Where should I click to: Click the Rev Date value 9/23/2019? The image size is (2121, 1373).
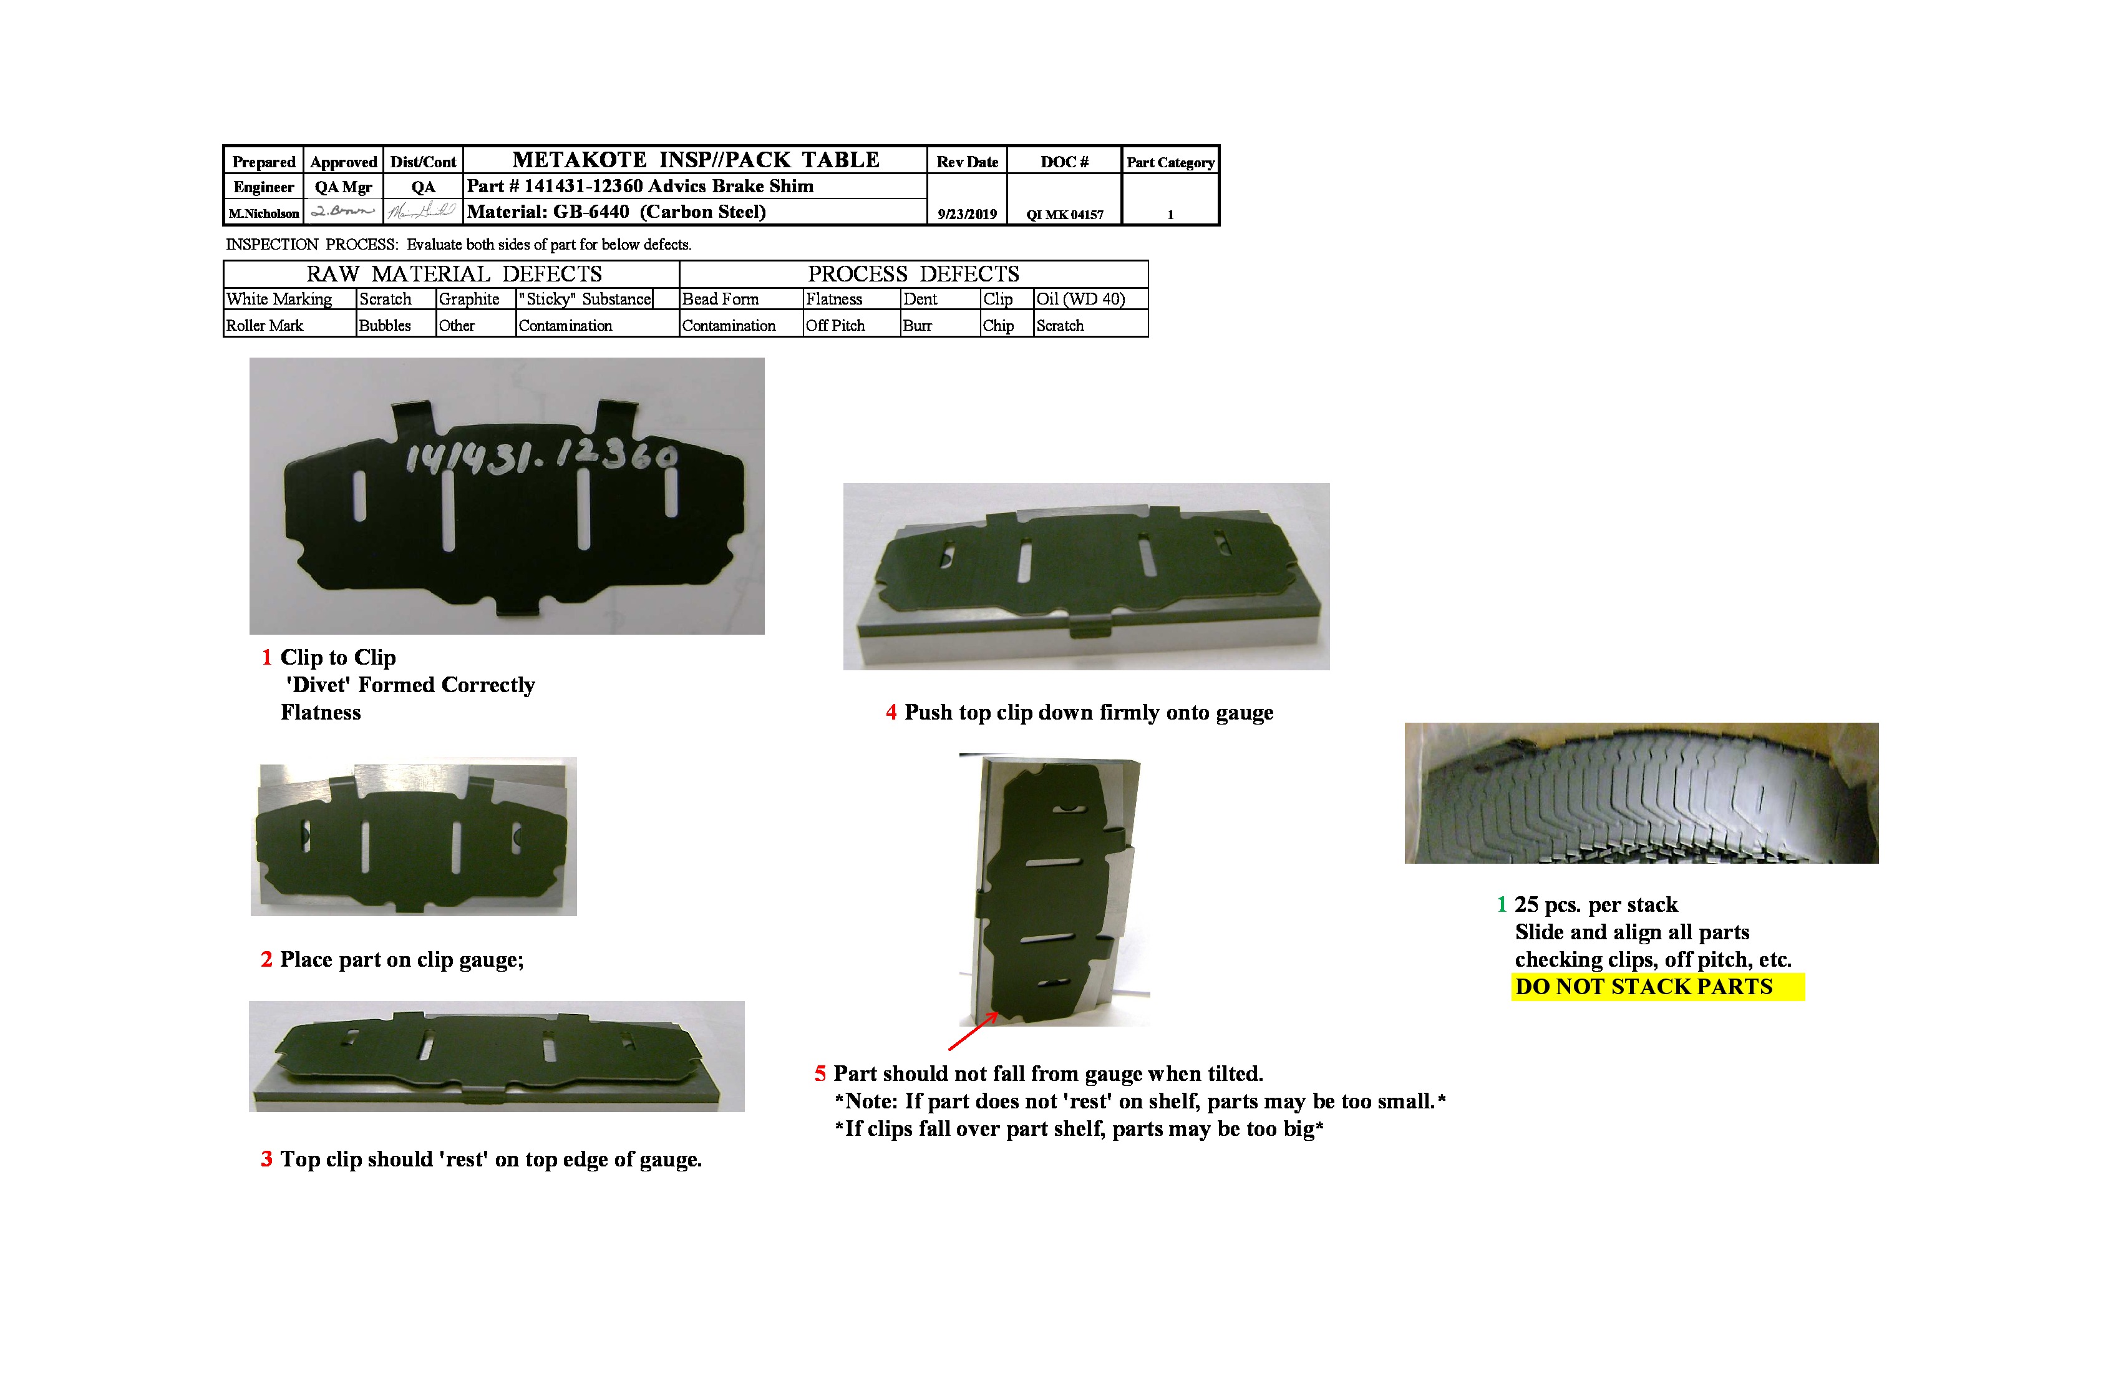click(x=967, y=214)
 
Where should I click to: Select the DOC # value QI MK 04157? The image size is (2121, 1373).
click(x=1064, y=214)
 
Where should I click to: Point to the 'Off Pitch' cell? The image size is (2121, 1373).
click(x=835, y=325)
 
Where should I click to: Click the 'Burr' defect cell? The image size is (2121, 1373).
click(x=917, y=325)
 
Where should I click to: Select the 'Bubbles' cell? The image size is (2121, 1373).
click(x=385, y=325)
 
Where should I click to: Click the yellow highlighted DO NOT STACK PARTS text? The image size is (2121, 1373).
click(x=1644, y=986)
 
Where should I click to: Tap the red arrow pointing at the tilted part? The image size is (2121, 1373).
click(x=973, y=1032)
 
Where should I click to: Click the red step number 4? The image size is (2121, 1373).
click(x=890, y=712)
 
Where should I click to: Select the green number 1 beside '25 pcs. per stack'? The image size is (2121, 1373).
click(x=1502, y=905)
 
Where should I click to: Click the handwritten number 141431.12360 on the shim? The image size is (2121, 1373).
click(x=540, y=456)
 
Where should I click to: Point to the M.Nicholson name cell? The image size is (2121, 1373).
click(x=264, y=213)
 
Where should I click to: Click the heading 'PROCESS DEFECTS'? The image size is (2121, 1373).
click(x=913, y=274)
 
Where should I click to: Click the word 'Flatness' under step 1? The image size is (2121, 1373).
click(x=321, y=712)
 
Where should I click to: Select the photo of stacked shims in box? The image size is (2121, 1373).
click(x=1641, y=793)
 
